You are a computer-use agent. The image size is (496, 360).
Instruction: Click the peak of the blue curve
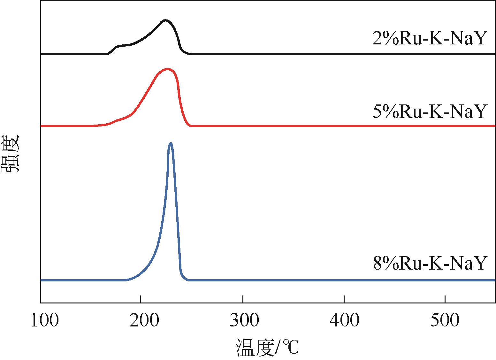point(171,143)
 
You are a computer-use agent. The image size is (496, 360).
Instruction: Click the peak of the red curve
point(167,69)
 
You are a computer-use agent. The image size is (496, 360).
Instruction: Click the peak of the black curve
point(165,20)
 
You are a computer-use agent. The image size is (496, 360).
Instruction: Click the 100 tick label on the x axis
point(44,320)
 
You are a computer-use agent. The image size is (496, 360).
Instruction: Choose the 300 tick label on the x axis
point(244,320)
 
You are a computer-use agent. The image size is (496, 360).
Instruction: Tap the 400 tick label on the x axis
point(345,320)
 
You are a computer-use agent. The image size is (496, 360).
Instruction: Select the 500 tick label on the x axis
point(445,320)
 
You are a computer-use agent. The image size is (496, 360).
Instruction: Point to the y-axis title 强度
point(12,154)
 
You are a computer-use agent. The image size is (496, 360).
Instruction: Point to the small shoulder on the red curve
point(119,120)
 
